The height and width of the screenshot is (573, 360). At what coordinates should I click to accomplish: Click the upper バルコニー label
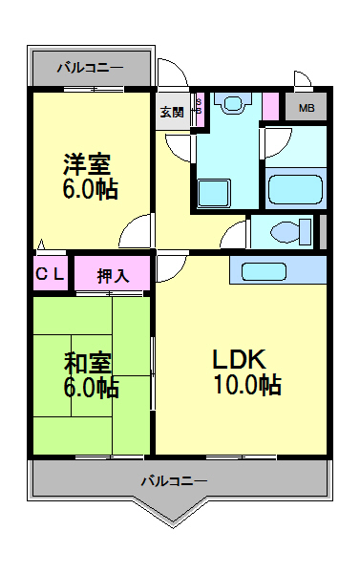tap(90, 68)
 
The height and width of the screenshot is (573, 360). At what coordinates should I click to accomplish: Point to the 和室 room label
tap(89, 363)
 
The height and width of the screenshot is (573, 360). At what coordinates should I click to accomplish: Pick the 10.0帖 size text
tap(245, 385)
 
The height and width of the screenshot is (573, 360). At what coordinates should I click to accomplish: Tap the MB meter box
tap(306, 107)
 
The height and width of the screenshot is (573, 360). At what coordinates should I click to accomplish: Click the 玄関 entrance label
tap(172, 112)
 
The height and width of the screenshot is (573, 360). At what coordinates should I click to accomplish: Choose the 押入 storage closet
tap(113, 276)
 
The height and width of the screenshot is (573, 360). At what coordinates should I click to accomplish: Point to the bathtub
tap(297, 187)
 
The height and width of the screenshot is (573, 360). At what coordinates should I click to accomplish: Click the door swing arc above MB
tap(302, 80)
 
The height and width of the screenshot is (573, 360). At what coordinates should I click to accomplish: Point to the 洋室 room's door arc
tap(139, 232)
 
